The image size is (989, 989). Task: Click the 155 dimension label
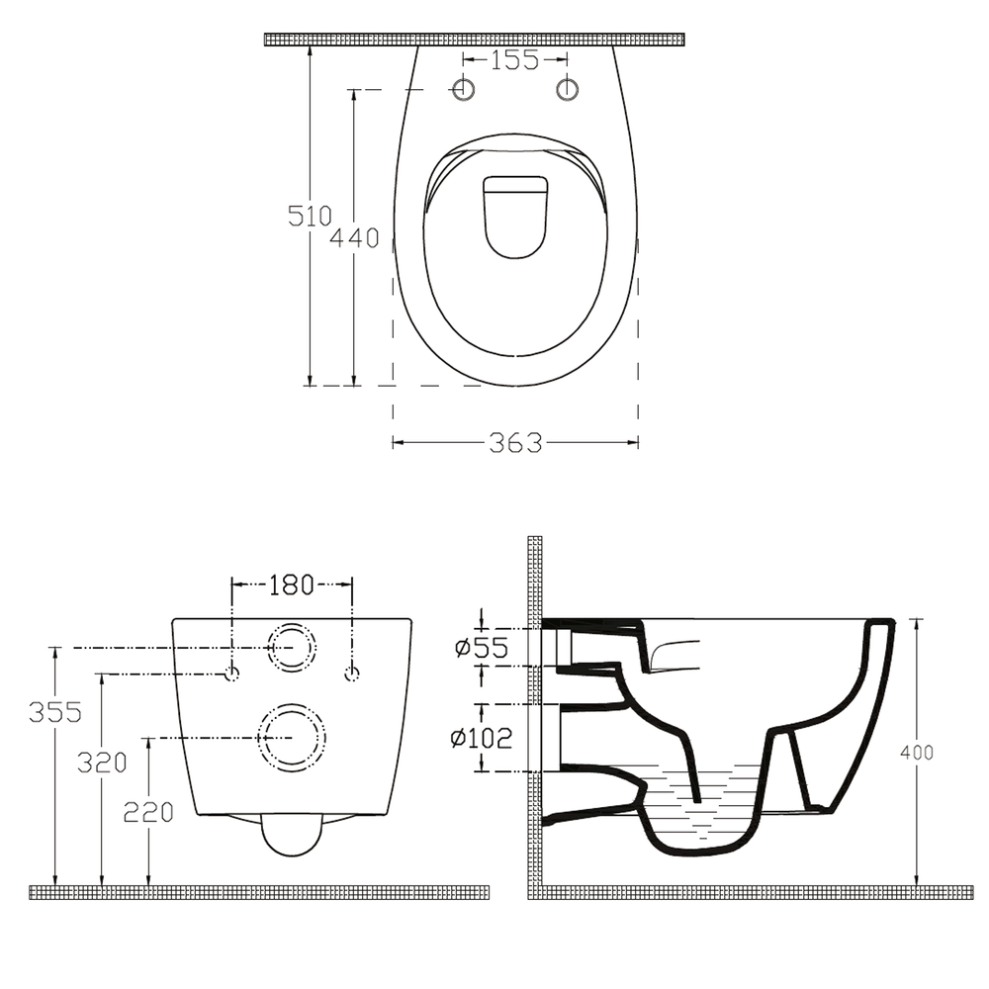514,60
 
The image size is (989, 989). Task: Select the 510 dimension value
310,216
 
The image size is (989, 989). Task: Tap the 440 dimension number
354,237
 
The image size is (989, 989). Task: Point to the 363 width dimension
515,443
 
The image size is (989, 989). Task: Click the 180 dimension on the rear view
292,585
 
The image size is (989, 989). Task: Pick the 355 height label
55,712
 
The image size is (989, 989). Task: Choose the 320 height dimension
102,764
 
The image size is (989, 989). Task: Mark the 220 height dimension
148,812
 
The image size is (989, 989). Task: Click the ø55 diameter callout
482,647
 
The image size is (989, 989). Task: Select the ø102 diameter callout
482,738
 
